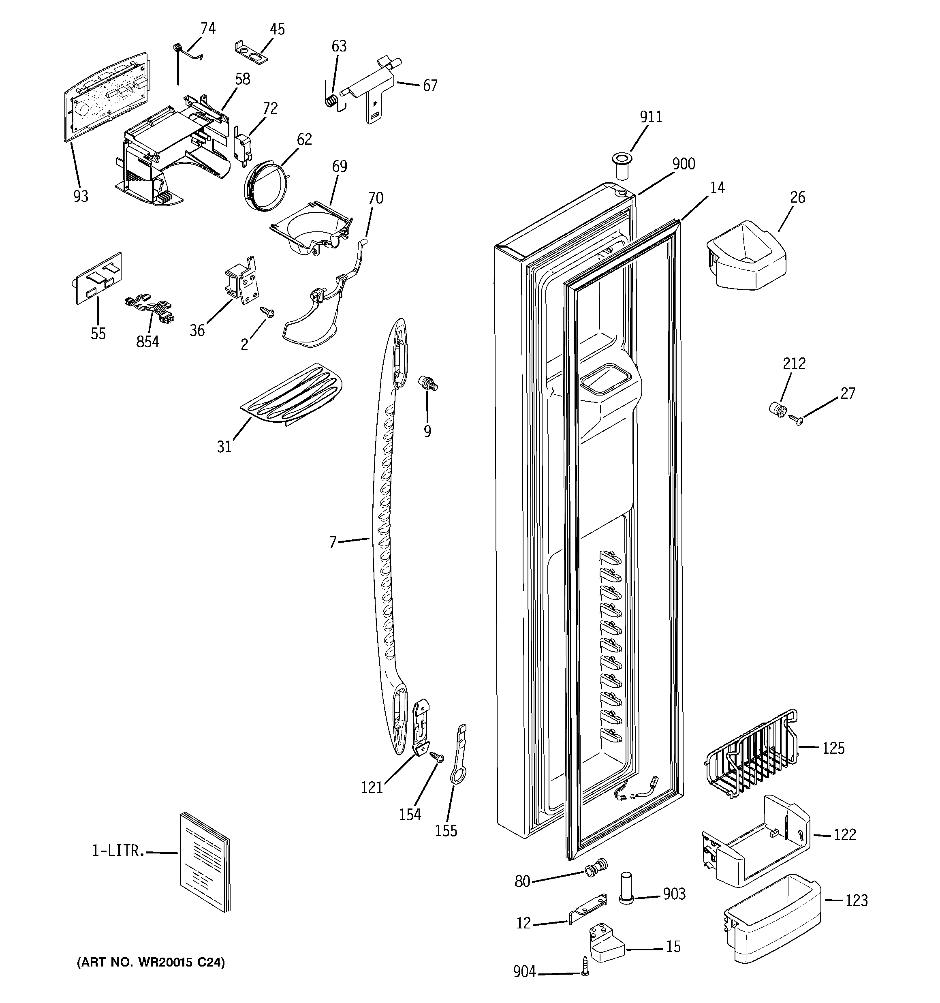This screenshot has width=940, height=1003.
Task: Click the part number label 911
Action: (650, 117)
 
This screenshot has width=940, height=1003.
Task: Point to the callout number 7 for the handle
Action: (333, 542)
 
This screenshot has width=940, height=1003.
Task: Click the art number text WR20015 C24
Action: (150, 962)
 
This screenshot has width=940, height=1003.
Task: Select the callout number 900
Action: (684, 164)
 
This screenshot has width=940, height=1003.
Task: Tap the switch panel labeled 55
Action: (98, 278)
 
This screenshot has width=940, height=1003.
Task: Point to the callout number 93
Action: (81, 196)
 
